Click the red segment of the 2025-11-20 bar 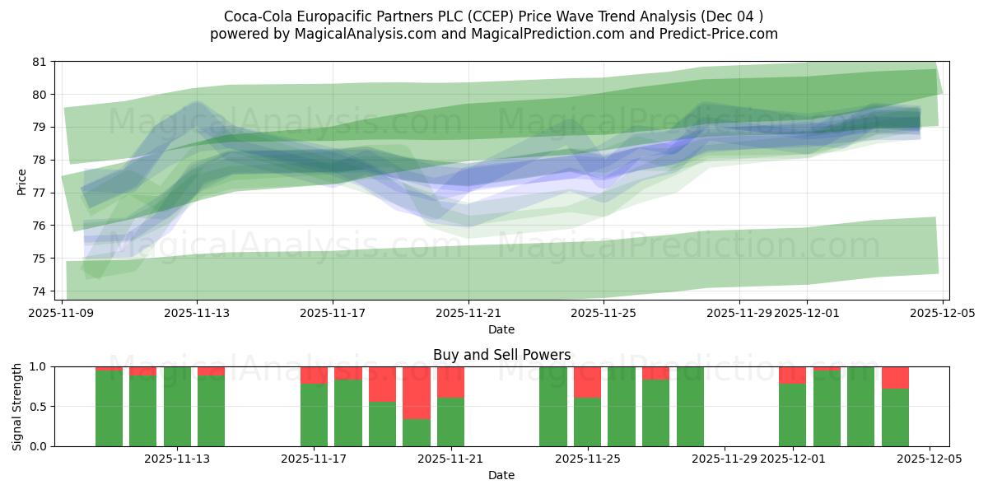pyautogui.click(x=417, y=393)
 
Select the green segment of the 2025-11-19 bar pyautogui.click(x=382, y=424)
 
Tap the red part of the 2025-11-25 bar pyautogui.click(x=587, y=382)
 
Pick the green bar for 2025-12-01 pyautogui.click(x=792, y=415)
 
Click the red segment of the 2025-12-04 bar pyautogui.click(x=895, y=377)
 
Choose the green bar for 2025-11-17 pyautogui.click(x=314, y=415)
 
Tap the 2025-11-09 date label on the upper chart pyautogui.click(x=62, y=313)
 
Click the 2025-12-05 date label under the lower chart pyautogui.click(x=930, y=459)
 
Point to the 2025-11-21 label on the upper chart pyautogui.click(x=468, y=313)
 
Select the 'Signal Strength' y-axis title pyautogui.click(x=17, y=407)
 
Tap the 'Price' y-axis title pyautogui.click(x=22, y=182)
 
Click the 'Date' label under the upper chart pyautogui.click(x=501, y=329)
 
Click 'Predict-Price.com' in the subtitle pyautogui.click(x=723, y=34)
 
